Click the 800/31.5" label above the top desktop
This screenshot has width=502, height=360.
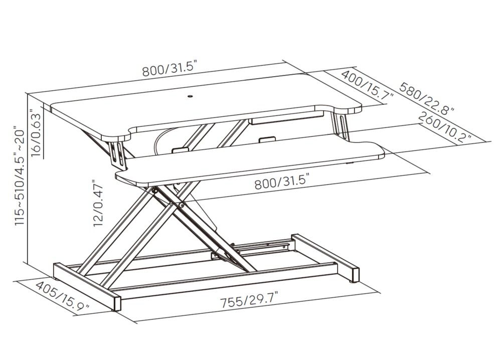pyautogui.click(x=169, y=69)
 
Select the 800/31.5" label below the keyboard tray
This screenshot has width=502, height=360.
pyautogui.click(x=282, y=182)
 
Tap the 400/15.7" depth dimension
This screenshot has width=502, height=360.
pyautogui.click(x=367, y=87)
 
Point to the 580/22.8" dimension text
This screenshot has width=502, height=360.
pyautogui.click(x=426, y=99)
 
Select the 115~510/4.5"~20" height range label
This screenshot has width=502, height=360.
pyautogui.click(x=20, y=175)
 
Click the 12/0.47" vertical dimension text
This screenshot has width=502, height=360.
pyautogui.click(x=98, y=203)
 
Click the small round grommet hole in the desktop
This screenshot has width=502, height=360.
pyautogui.click(x=190, y=95)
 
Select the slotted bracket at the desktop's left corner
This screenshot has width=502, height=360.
pyautogui.click(x=117, y=154)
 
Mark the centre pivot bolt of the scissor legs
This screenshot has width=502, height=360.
pyautogui.click(x=182, y=205)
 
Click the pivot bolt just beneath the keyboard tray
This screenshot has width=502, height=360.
pyautogui.click(x=155, y=191)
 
